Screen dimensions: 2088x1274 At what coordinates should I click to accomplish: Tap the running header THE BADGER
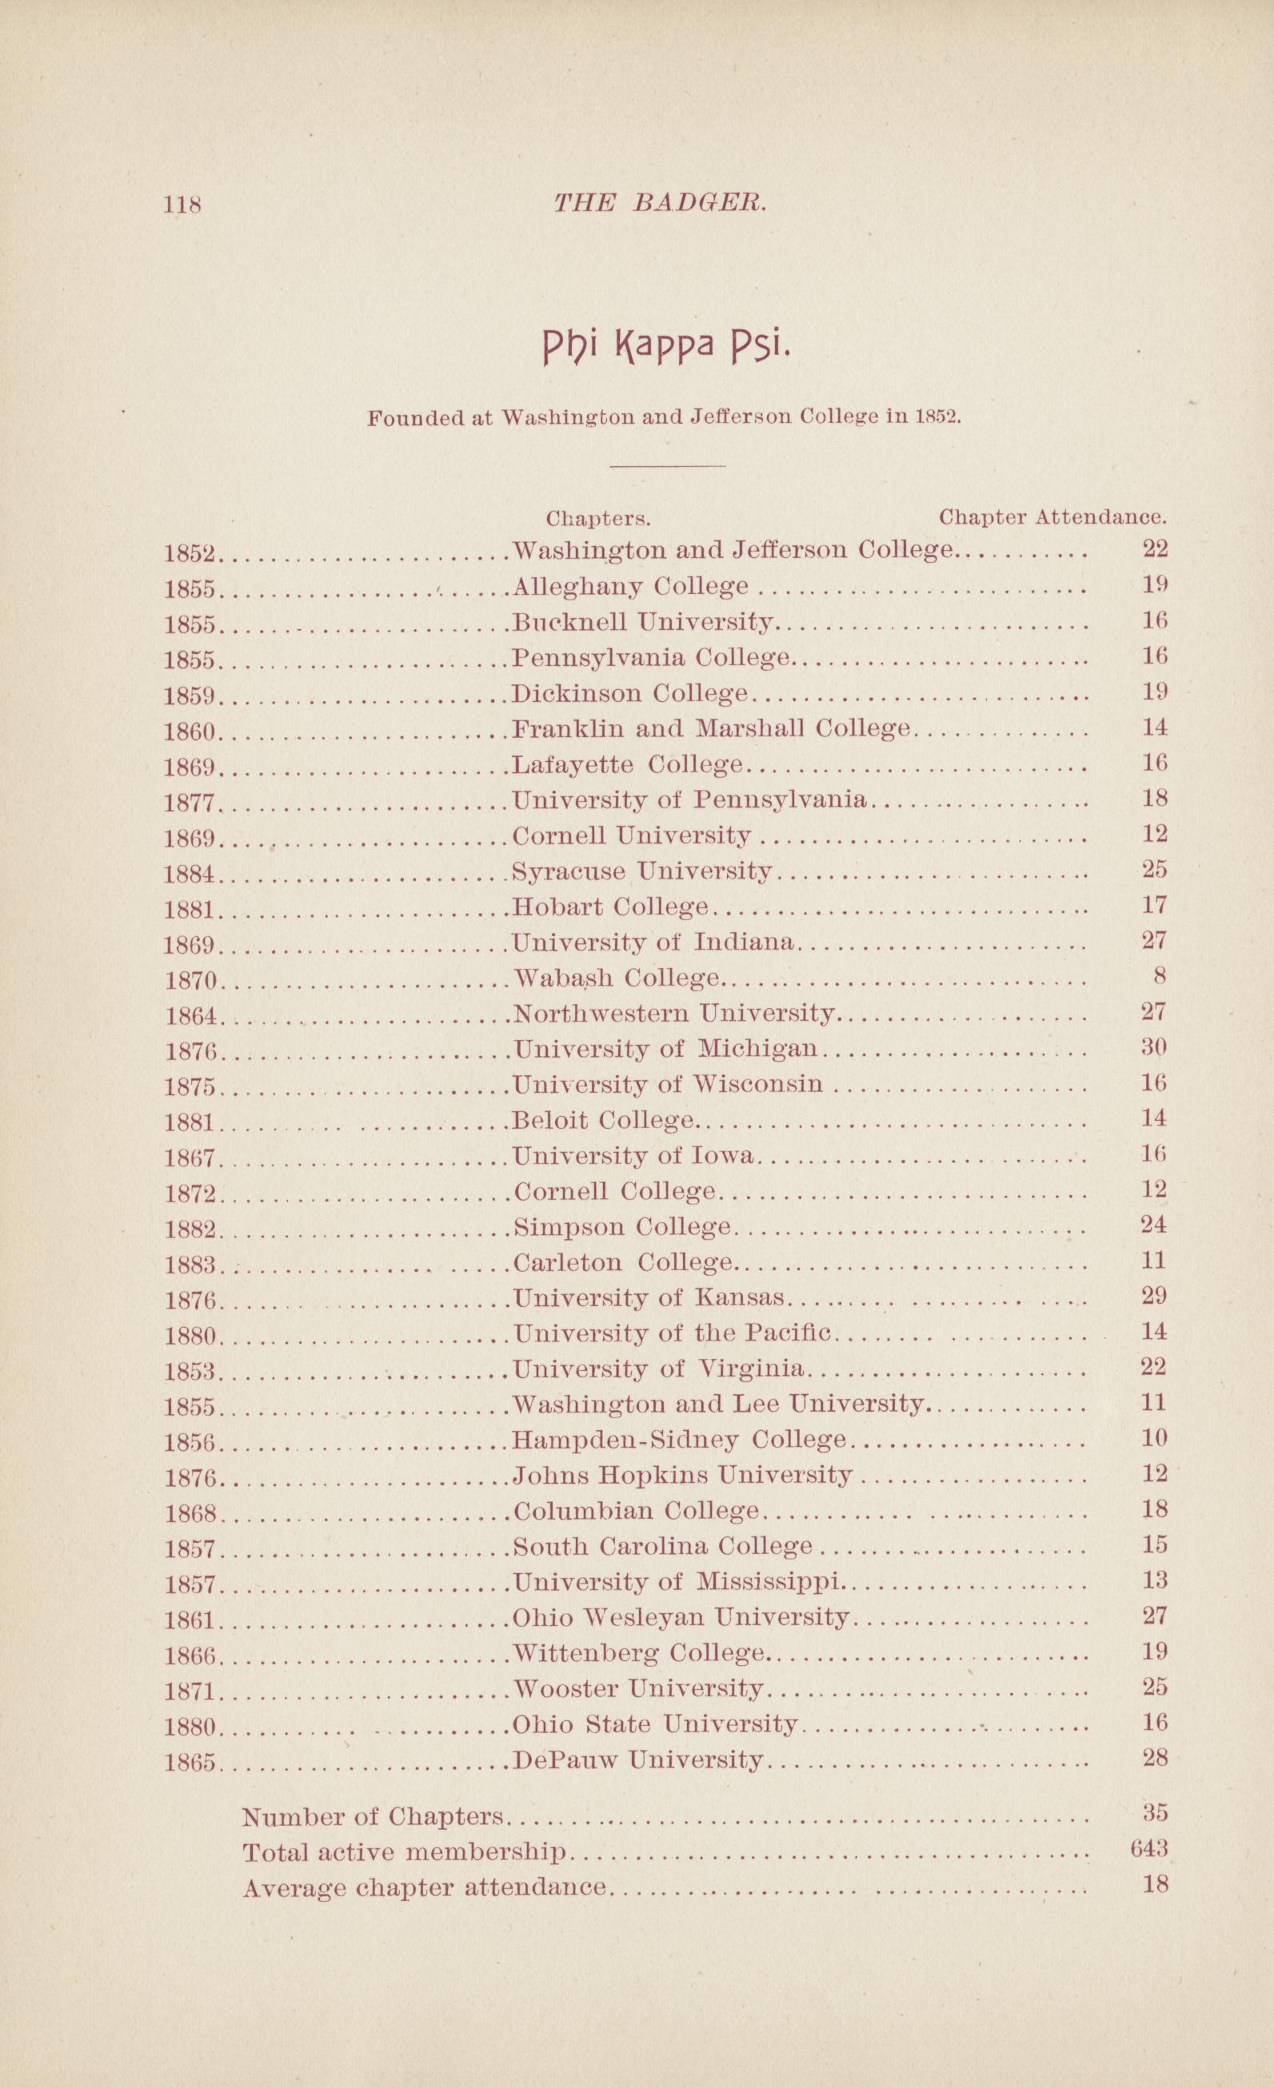tap(660, 202)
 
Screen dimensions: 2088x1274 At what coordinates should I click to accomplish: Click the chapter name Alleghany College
tap(632, 586)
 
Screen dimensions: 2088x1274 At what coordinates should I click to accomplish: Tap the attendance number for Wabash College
tap(1160, 976)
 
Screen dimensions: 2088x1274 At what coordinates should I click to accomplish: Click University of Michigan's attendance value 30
tap(1155, 1047)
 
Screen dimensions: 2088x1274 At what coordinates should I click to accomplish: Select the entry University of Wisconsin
tap(668, 1084)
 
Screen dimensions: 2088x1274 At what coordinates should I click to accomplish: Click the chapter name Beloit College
tap(605, 1120)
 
